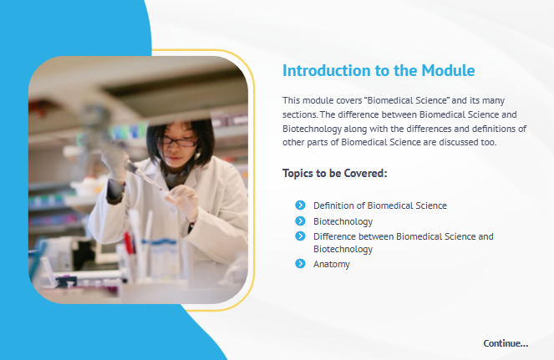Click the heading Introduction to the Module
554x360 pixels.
click(379, 71)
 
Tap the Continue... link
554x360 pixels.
click(506, 343)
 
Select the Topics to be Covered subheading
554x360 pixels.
click(334, 174)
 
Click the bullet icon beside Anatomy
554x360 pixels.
click(300, 264)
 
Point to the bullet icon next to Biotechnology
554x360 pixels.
click(300, 221)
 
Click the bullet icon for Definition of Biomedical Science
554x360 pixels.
click(300, 205)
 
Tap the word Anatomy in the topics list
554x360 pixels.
click(332, 264)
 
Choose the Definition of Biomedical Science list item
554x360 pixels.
click(380, 205)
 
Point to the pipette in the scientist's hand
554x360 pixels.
click(143, 175)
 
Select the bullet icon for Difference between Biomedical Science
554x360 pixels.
click(300, 236)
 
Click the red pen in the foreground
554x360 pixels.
click(129, 243)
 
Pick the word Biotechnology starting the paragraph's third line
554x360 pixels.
click(312, 129)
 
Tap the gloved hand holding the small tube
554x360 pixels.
click(183, 200)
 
